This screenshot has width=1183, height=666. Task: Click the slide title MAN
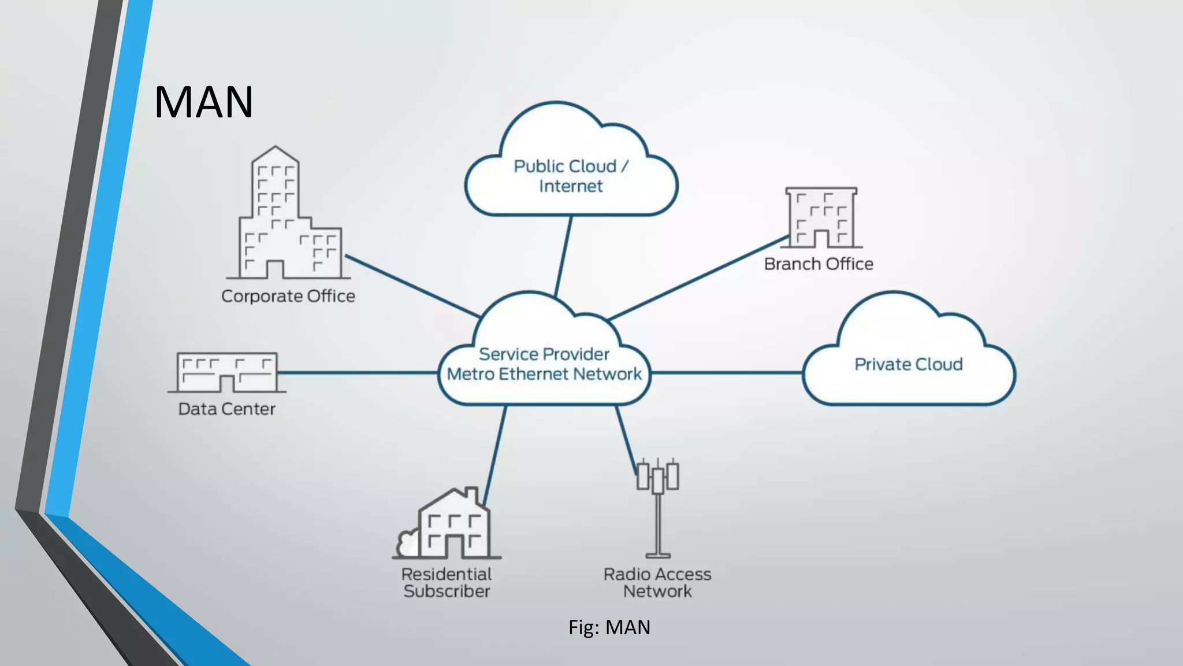coord(203,102)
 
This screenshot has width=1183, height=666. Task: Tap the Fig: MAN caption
coord(609,627)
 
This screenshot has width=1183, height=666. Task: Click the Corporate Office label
coord(288,296)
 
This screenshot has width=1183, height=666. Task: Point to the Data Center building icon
coord(226,372)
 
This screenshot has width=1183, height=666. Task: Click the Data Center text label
coord(226,409)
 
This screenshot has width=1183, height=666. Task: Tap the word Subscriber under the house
coord(447,591)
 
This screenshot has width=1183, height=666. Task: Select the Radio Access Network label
coord(657,583)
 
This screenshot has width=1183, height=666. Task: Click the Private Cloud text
coord(908,364)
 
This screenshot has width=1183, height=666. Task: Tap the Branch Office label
coord(818,264)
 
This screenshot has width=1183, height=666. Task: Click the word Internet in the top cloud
coord(571,186)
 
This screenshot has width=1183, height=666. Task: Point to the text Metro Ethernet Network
coord(544,374)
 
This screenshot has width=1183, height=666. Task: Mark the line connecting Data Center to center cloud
coord(358,372)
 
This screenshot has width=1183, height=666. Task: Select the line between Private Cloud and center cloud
coord(727,372)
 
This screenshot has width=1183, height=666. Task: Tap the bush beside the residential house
coord(408,543)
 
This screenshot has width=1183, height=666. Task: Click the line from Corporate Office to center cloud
coord(412,286)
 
